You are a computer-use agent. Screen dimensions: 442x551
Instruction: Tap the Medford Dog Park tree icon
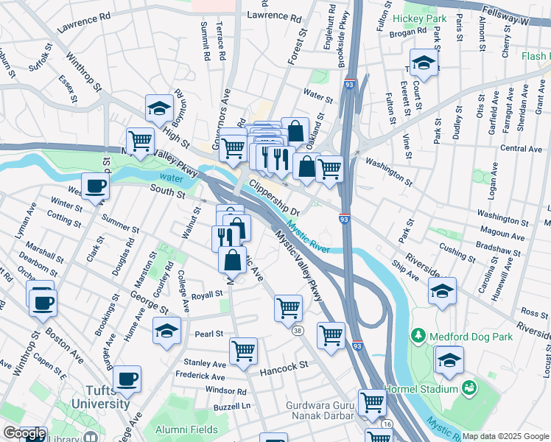(x=418, y=336)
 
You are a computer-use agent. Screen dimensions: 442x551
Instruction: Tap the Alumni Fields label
(x=186, y=429)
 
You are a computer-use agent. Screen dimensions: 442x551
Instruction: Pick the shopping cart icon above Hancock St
(x=243, y=351)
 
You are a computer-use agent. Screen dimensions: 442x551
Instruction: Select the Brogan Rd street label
(x=410, y=32)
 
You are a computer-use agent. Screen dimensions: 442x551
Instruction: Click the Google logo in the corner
(x=23, y=434)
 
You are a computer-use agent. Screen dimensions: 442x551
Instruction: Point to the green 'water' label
(x=170, y=178)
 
